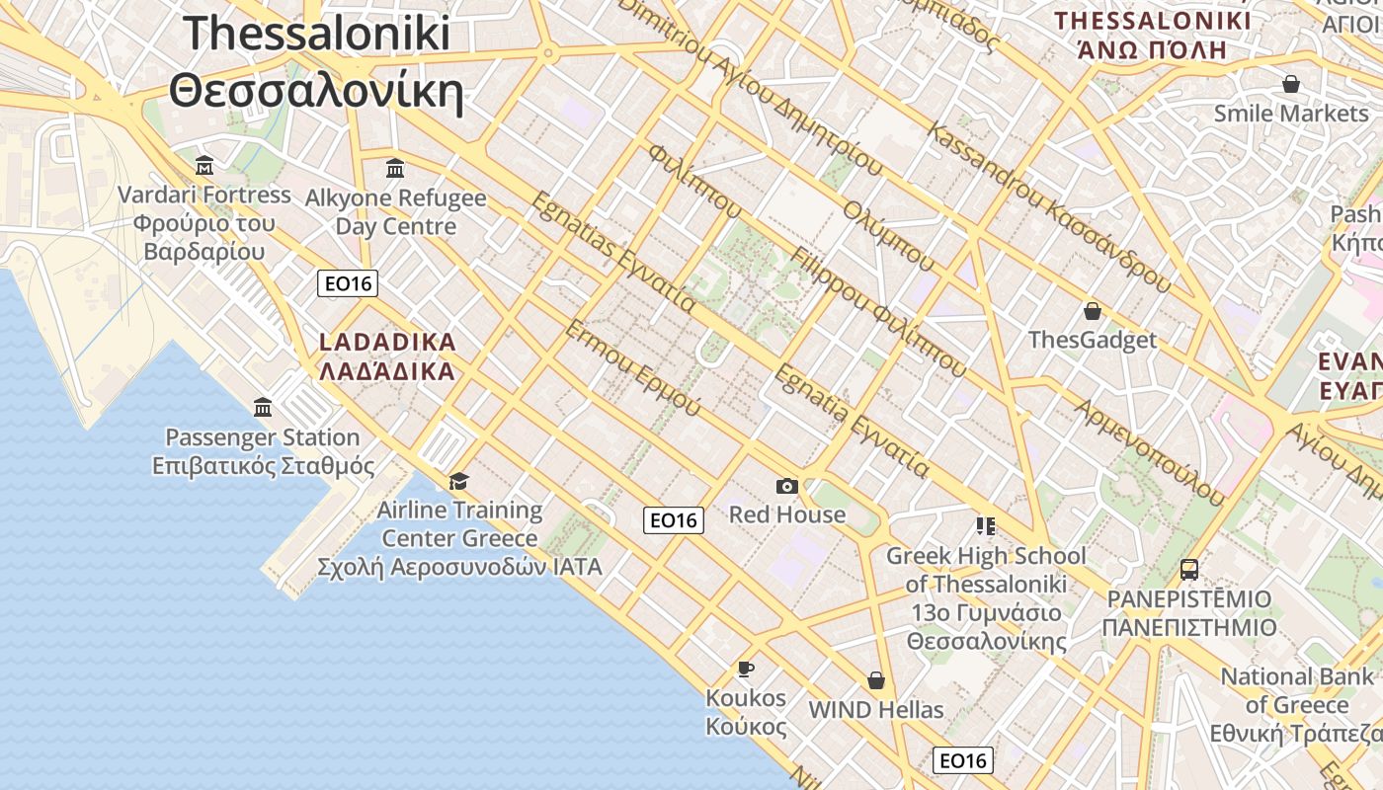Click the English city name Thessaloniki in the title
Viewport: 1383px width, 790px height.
point(316,33)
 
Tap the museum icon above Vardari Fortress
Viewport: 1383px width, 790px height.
point(204,165)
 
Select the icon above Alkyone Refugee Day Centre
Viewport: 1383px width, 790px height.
point(395,168)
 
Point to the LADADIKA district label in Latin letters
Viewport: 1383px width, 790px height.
point(387,343)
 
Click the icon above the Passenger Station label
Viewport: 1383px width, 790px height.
point(263,407)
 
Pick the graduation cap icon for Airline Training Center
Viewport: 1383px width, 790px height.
point(458,481)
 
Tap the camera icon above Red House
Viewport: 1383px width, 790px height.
point(787,486)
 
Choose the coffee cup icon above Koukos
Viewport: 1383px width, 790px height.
point(746,669)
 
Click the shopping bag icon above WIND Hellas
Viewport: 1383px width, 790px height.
point(875,680)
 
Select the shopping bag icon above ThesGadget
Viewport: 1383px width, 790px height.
point(1093,312)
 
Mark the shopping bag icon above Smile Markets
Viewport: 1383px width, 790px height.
point(1290,84)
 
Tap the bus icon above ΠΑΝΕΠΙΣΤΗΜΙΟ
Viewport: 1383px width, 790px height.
point(1189,570)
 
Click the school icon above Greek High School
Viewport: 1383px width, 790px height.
point(985,525)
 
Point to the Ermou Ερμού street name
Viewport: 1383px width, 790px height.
point(632,367)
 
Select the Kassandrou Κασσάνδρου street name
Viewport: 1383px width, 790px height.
point(1049,208)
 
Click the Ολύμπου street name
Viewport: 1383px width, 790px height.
point(888,236)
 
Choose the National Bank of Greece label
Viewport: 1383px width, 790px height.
point(1296,691)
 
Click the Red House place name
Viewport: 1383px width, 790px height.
point(787,514)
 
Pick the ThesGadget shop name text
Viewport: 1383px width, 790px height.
point(1092,341)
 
